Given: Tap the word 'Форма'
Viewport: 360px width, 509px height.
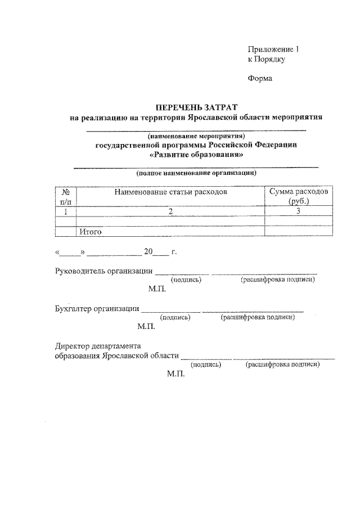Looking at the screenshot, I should pos(260,78).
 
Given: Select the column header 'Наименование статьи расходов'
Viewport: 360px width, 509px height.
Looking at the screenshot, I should pos(170,192).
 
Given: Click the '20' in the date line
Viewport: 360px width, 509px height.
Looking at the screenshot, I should pos(148,252).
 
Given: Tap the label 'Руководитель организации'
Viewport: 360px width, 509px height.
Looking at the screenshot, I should pos(103,271).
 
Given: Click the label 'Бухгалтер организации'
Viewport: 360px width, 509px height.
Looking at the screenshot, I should pos(97,308).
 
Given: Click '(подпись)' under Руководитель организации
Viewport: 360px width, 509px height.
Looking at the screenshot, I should pos(186,280).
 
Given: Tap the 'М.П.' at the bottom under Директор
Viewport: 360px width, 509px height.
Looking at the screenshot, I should pos(176,373).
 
